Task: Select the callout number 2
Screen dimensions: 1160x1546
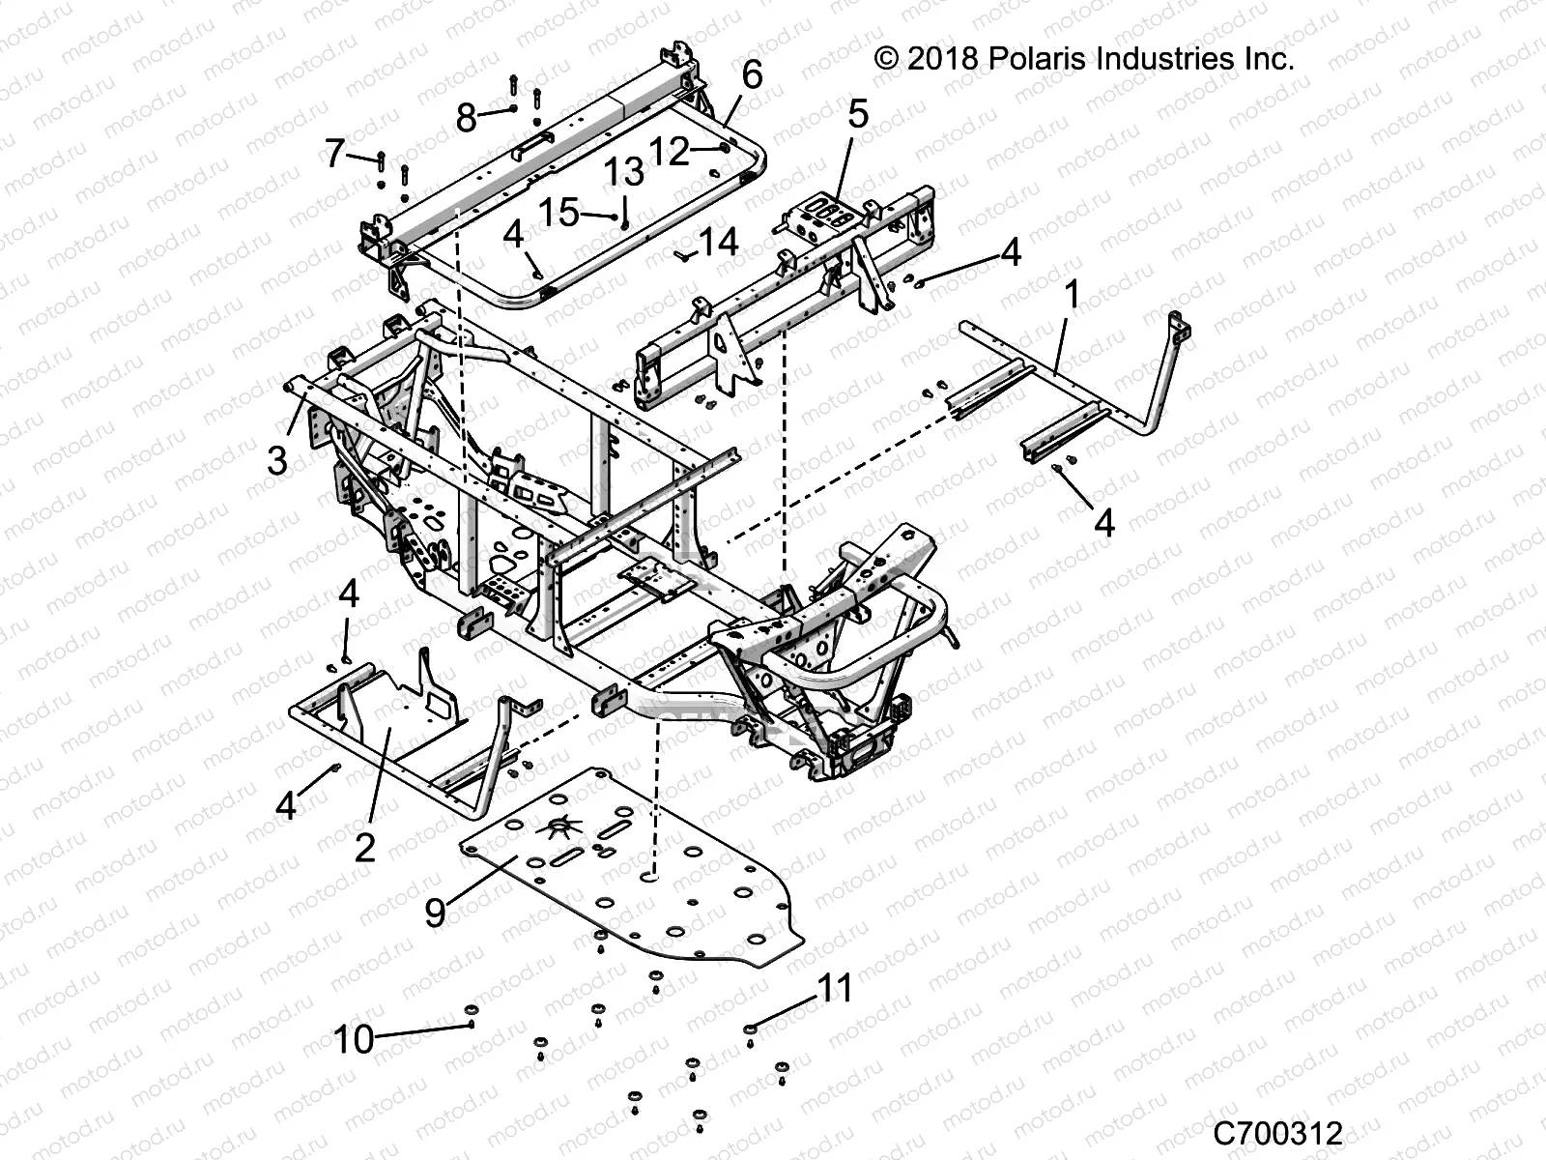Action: (364, 848)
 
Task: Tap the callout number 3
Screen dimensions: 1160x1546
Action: (277, 460)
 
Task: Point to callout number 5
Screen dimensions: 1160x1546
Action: (858, 113)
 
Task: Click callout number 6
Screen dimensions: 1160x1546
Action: (751, 74)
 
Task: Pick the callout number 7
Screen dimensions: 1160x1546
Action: (334, 153)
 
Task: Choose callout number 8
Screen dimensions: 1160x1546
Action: (466, 118)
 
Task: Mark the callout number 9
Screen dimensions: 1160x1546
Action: (436, 911)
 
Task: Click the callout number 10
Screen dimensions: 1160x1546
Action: (354, 1040)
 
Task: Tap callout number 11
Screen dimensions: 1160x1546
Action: (836, 989)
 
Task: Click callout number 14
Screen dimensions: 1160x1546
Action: (718, 241)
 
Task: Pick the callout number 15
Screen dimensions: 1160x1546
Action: (558, 212)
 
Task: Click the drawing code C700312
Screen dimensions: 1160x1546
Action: (1278, 1132)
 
